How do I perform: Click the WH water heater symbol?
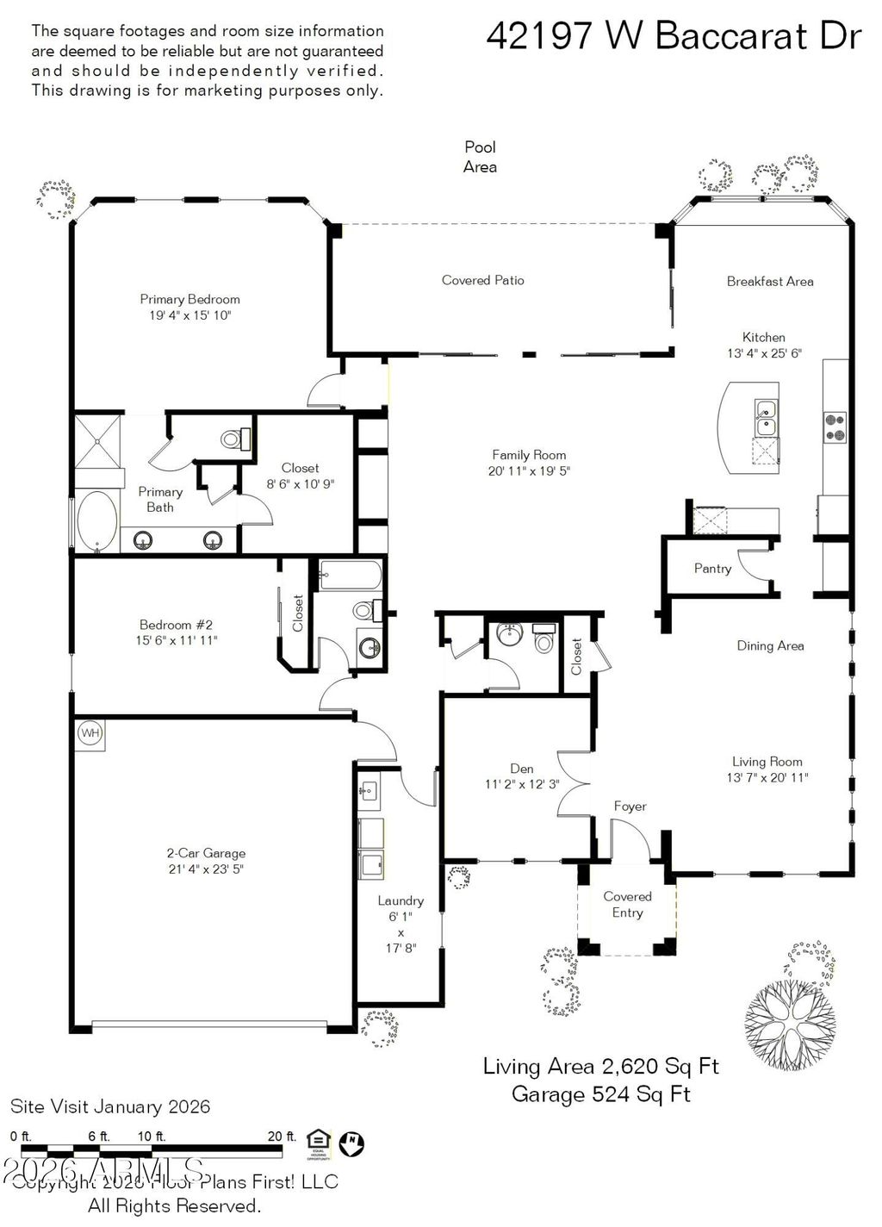coord(90,733)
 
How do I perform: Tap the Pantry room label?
coord(712,569)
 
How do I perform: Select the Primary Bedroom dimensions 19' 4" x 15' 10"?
coord(189,315)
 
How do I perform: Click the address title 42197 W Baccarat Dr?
coord(674,36)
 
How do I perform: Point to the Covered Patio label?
coord(482,280)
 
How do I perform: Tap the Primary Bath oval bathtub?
coord(96,520)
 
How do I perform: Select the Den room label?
coord(521,769)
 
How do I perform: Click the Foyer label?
coord(630,807)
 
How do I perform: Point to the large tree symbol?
coord(789,1025)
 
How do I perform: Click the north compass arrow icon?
coord(351,1143)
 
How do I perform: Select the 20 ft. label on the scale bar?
coord(281,1137)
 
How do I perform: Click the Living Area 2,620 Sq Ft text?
coord(600,1067)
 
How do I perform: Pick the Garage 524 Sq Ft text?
coord(600,1094)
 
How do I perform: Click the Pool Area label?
coord(480,157)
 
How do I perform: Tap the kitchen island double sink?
coord(765,418)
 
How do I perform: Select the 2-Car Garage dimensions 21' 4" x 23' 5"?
coord(206,869)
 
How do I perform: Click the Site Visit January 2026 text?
coord(110,1106)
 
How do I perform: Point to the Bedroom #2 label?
coord(176,625)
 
